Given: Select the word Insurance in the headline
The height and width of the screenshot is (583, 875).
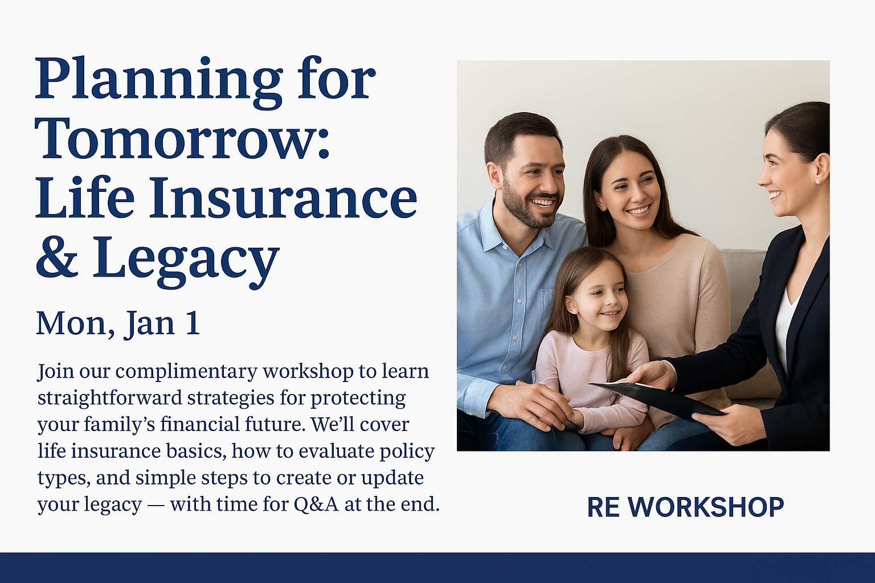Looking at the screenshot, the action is point(283,198).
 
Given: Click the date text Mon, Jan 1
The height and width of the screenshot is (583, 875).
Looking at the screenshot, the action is point(118,323).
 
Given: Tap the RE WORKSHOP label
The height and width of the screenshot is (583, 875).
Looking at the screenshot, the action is point(685,507).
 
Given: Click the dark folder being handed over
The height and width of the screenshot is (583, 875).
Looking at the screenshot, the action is point(656,399).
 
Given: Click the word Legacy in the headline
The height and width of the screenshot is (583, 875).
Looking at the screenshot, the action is point(186,260).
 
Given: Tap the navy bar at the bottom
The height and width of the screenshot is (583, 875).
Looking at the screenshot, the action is point(437,568).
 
